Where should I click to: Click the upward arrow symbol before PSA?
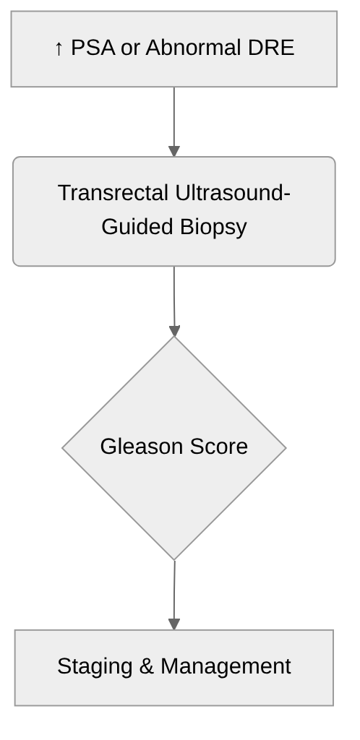(59, 49)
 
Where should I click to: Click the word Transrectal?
(113, 193)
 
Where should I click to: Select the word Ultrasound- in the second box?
(233, 193)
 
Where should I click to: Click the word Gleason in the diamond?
(140, 446)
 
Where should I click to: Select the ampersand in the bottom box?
(146, 666)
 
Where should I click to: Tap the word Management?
(226, 666)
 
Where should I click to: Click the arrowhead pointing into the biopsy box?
(174, 151)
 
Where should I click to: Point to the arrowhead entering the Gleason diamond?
(174, 330)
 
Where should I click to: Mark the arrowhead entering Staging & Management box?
(173, 624)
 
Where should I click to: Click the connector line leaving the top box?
(174, 116)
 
